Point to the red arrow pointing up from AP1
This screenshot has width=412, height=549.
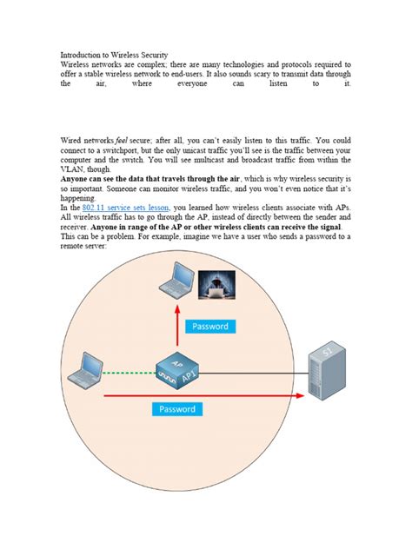(179, 330)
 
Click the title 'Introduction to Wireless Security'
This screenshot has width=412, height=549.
(113, 55)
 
